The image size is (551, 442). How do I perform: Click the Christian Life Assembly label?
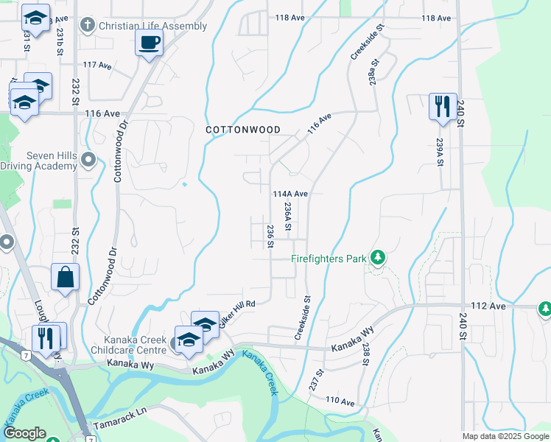click(x=152, y=26)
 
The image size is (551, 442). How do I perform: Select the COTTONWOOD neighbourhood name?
click(x=242, y=130)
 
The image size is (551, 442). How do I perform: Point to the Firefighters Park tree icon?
click(x=378, y=257)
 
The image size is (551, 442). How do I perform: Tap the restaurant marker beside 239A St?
click(x=443, y=106)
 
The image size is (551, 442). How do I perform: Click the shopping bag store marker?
click(x=66, y=278)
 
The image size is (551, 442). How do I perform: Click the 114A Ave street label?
click(x=289, y=194)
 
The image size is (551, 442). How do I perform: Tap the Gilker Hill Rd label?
click(x=236, y=306)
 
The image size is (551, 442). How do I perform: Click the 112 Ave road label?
click(x=488, y=306)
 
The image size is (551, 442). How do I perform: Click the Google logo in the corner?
click(x=24, y=433)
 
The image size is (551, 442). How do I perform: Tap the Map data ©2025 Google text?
click(x=505, y=436)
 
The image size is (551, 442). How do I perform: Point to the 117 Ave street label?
click(x=97, y=66)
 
